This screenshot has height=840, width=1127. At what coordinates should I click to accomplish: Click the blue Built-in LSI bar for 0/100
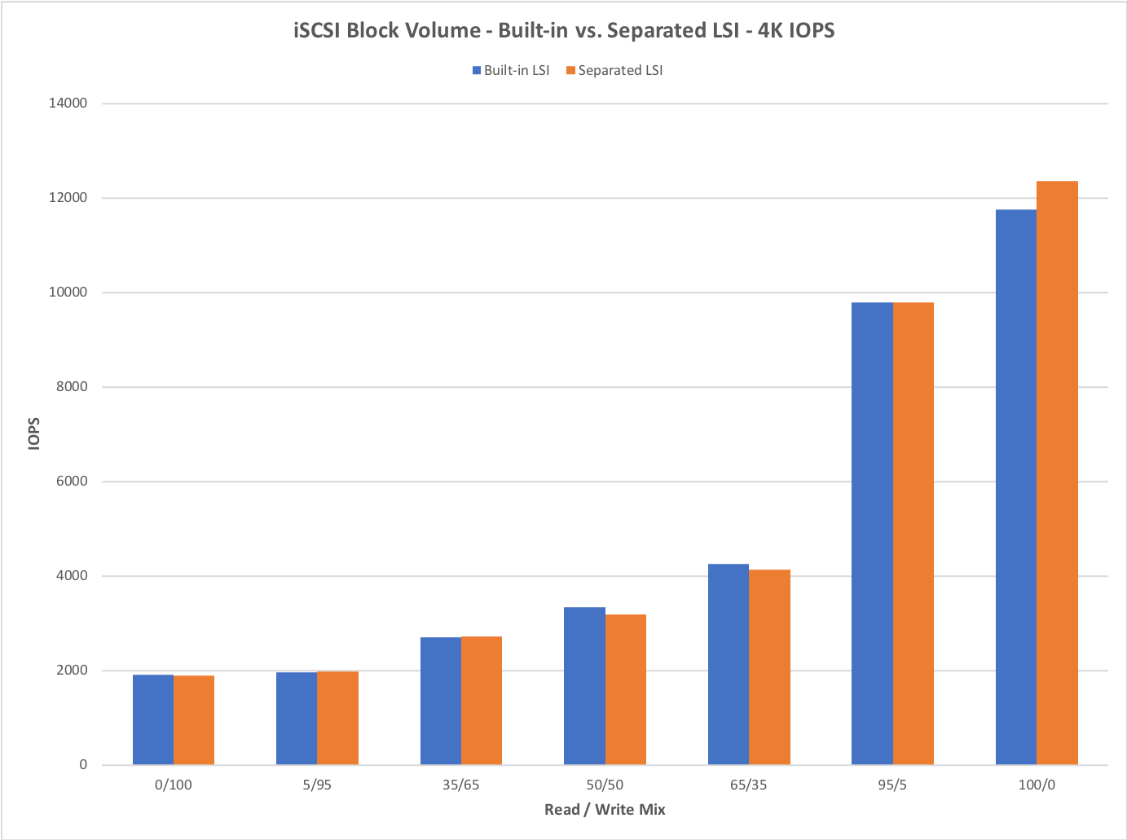pos(153,719)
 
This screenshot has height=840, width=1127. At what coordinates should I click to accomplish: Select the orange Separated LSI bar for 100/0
pos(1057,473)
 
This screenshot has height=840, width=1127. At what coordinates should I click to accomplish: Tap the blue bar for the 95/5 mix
pos(872,534)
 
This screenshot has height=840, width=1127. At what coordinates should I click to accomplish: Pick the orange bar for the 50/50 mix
pos(626,689)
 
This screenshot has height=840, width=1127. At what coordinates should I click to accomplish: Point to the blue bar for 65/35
pos(729,664)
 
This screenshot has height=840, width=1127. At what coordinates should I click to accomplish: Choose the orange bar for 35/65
pos(482,701)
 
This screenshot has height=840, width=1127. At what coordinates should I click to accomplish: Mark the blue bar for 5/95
pos(297,718)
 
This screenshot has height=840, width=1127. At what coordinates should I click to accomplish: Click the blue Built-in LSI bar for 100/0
pos(1016,487)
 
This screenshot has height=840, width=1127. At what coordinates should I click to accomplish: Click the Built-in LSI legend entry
pos(511,71)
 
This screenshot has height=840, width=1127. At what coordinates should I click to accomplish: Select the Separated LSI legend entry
pos(614,71)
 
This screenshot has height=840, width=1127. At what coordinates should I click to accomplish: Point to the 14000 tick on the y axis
pos(68,103)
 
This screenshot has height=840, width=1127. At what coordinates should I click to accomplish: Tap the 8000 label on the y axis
pos(72,387)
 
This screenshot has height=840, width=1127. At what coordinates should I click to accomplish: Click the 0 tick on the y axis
pos(83,765)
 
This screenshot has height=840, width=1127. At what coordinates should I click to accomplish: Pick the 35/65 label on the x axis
pos(461,785)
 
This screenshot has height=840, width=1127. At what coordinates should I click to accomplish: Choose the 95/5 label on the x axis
pos(892,785)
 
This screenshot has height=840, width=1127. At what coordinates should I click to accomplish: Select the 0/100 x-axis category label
pos(174,785)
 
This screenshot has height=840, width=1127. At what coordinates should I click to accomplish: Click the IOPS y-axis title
pos(34,433)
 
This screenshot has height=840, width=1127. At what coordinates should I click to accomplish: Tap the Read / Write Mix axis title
pos(605,810)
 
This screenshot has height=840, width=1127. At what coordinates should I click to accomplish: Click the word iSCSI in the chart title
pos(318,31)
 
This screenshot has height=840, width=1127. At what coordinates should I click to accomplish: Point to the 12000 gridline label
pos(68,198)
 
